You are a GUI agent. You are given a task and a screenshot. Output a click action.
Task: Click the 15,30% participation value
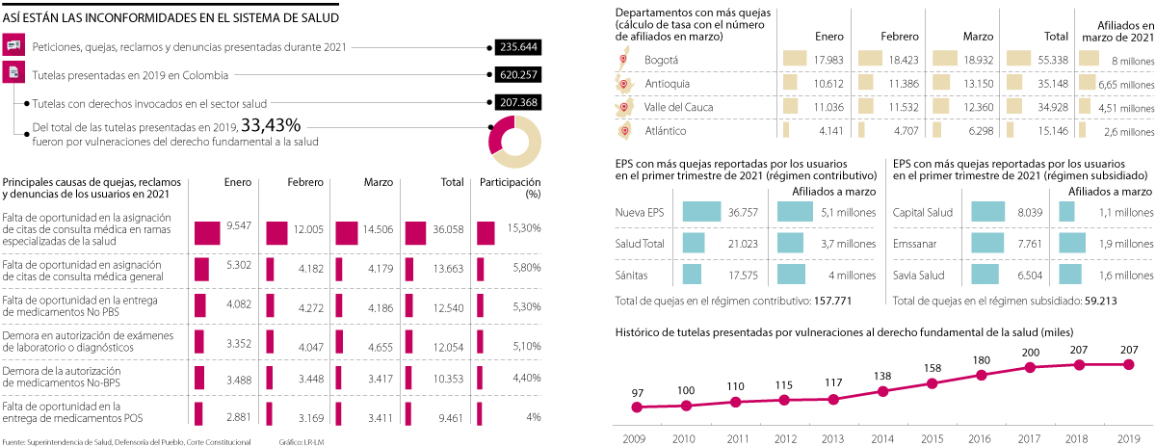coord(523,254)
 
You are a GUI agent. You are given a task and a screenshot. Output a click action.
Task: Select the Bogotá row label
coord(660,60)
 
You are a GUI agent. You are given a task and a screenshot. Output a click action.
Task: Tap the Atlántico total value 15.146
coord(1050,130)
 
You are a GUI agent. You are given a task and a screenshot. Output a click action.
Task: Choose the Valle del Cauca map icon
coord(623,107)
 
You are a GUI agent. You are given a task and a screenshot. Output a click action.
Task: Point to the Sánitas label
coord(632,302)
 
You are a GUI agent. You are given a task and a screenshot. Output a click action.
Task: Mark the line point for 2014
coord(882,391)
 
